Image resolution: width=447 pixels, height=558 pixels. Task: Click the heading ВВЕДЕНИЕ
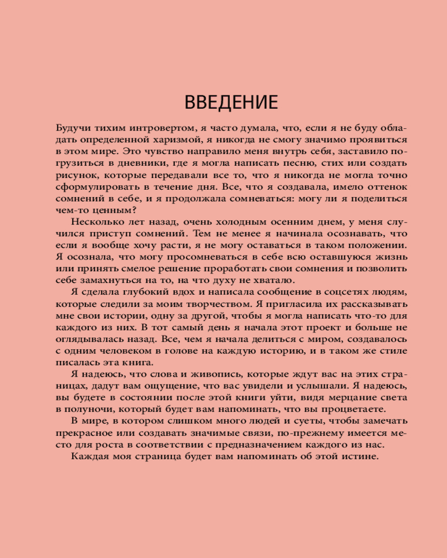click(231, 103)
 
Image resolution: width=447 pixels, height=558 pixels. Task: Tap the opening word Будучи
click(73, 128)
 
